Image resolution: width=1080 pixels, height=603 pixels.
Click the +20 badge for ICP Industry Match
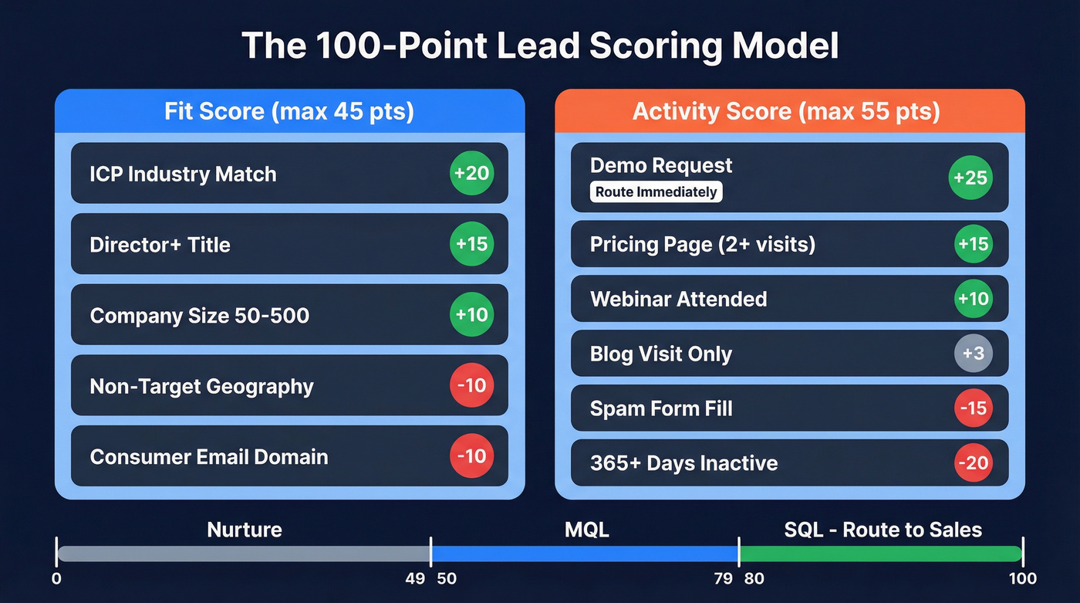tap(471, 173)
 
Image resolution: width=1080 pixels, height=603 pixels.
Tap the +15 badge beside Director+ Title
tap(471, 244)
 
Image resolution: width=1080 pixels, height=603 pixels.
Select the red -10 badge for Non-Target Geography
tap(471, 384)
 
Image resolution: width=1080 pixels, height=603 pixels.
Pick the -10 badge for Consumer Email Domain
tap(471, 456)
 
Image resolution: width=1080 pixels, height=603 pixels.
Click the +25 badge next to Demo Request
tap(970, 178)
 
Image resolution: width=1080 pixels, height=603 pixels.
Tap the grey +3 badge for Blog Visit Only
tap(973, 354)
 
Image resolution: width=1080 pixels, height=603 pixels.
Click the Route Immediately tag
tap(656, 192)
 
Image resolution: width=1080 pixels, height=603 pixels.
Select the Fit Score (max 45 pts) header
tap(289, 111)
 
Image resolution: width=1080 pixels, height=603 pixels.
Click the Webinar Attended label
tap(679, 299)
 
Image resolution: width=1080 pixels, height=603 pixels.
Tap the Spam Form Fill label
tap(661, 408)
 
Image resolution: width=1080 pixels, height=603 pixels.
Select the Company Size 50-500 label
tap(200, 315)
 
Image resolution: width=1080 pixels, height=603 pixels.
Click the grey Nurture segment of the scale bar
tap(243, 554)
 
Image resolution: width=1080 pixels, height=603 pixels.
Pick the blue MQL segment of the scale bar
tap(585, 554)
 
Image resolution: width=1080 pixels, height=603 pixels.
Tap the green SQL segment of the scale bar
tap(879, 554)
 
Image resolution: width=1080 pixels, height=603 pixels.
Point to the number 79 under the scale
tap(723, 578)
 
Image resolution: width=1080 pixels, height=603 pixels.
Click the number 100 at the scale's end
tap(1021, 578)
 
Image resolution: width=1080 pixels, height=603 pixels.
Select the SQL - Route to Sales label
tap(883, 530)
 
